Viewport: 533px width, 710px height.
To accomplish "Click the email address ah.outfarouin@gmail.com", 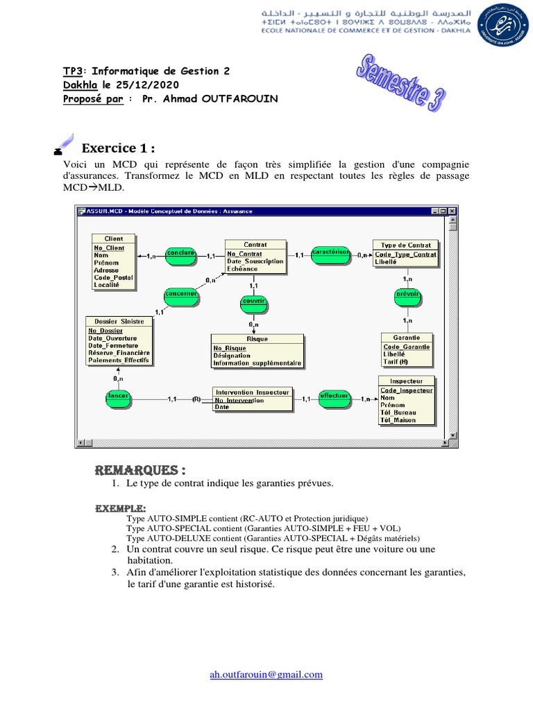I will pos(266,674).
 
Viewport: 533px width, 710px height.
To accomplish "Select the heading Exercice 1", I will pos(118,148).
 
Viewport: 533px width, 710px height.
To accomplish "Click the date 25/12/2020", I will pos(146,84).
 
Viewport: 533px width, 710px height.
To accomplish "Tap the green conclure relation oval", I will pos(180,254).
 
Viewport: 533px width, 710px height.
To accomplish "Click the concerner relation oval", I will pos(181,295).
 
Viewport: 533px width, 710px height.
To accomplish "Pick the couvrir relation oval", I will pos(254,301).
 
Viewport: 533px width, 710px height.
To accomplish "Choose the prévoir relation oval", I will pos(407,295).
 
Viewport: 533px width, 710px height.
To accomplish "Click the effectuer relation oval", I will pos(333,397).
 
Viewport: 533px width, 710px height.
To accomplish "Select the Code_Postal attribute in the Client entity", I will pos(113,277).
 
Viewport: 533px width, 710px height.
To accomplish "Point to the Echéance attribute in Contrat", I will pos(242,268).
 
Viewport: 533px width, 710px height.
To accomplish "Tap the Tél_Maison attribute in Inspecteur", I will pos(398,419).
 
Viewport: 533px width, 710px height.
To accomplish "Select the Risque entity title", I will pos(257,339).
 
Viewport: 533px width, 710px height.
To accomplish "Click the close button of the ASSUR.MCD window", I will pos(451,211).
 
